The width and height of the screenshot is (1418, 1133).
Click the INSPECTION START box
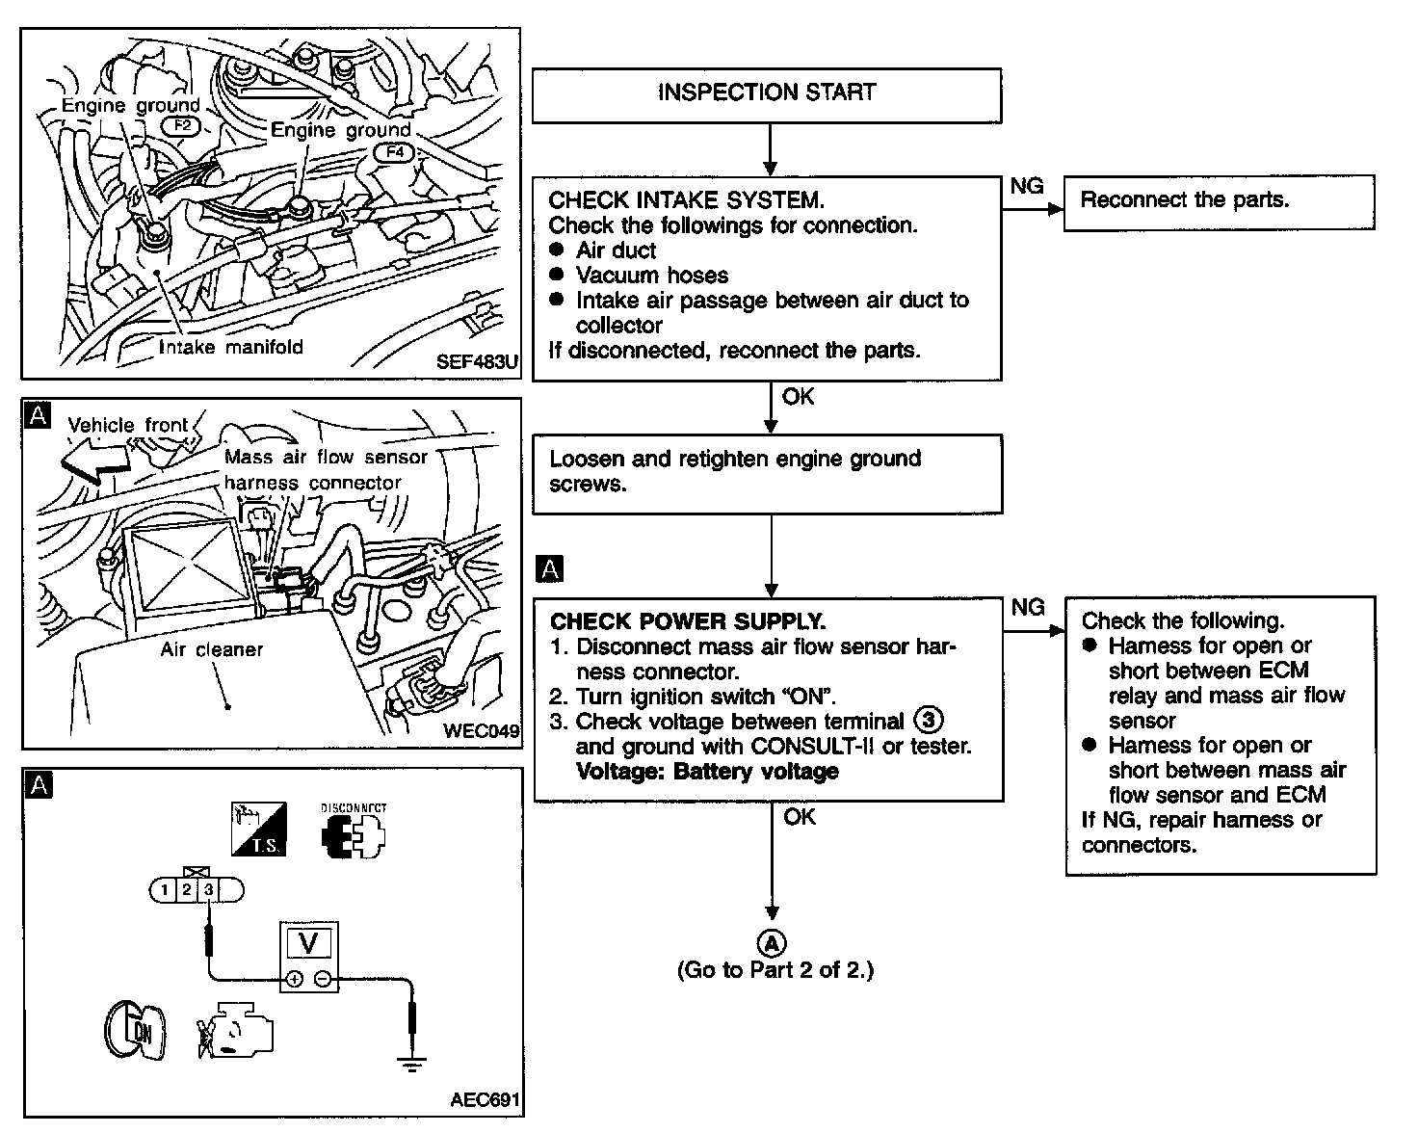click(767, 93)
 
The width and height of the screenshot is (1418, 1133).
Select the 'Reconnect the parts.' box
click(1219, 201)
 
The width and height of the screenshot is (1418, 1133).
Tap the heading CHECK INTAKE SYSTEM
click(686, 200)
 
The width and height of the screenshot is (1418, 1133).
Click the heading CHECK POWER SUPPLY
click(688, 621)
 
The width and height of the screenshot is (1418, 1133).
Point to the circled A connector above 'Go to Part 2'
click(772, 942)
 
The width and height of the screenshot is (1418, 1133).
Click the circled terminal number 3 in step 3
click(928, 721)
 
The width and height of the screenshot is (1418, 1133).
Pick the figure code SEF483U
click(477, 362)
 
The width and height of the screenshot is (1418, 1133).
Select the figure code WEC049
click(481, 730)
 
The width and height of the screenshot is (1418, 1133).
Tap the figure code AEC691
click(486, 1099)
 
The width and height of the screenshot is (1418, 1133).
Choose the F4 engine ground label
click(394, 151)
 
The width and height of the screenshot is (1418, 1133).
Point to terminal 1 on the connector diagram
click(165, 890)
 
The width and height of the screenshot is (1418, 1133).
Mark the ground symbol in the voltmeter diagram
click(411, 1064)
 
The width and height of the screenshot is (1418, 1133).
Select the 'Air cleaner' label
click(211, 649)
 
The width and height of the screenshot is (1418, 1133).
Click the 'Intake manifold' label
click(230, 347)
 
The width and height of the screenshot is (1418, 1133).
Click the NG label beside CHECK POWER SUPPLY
click(1028, 607)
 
